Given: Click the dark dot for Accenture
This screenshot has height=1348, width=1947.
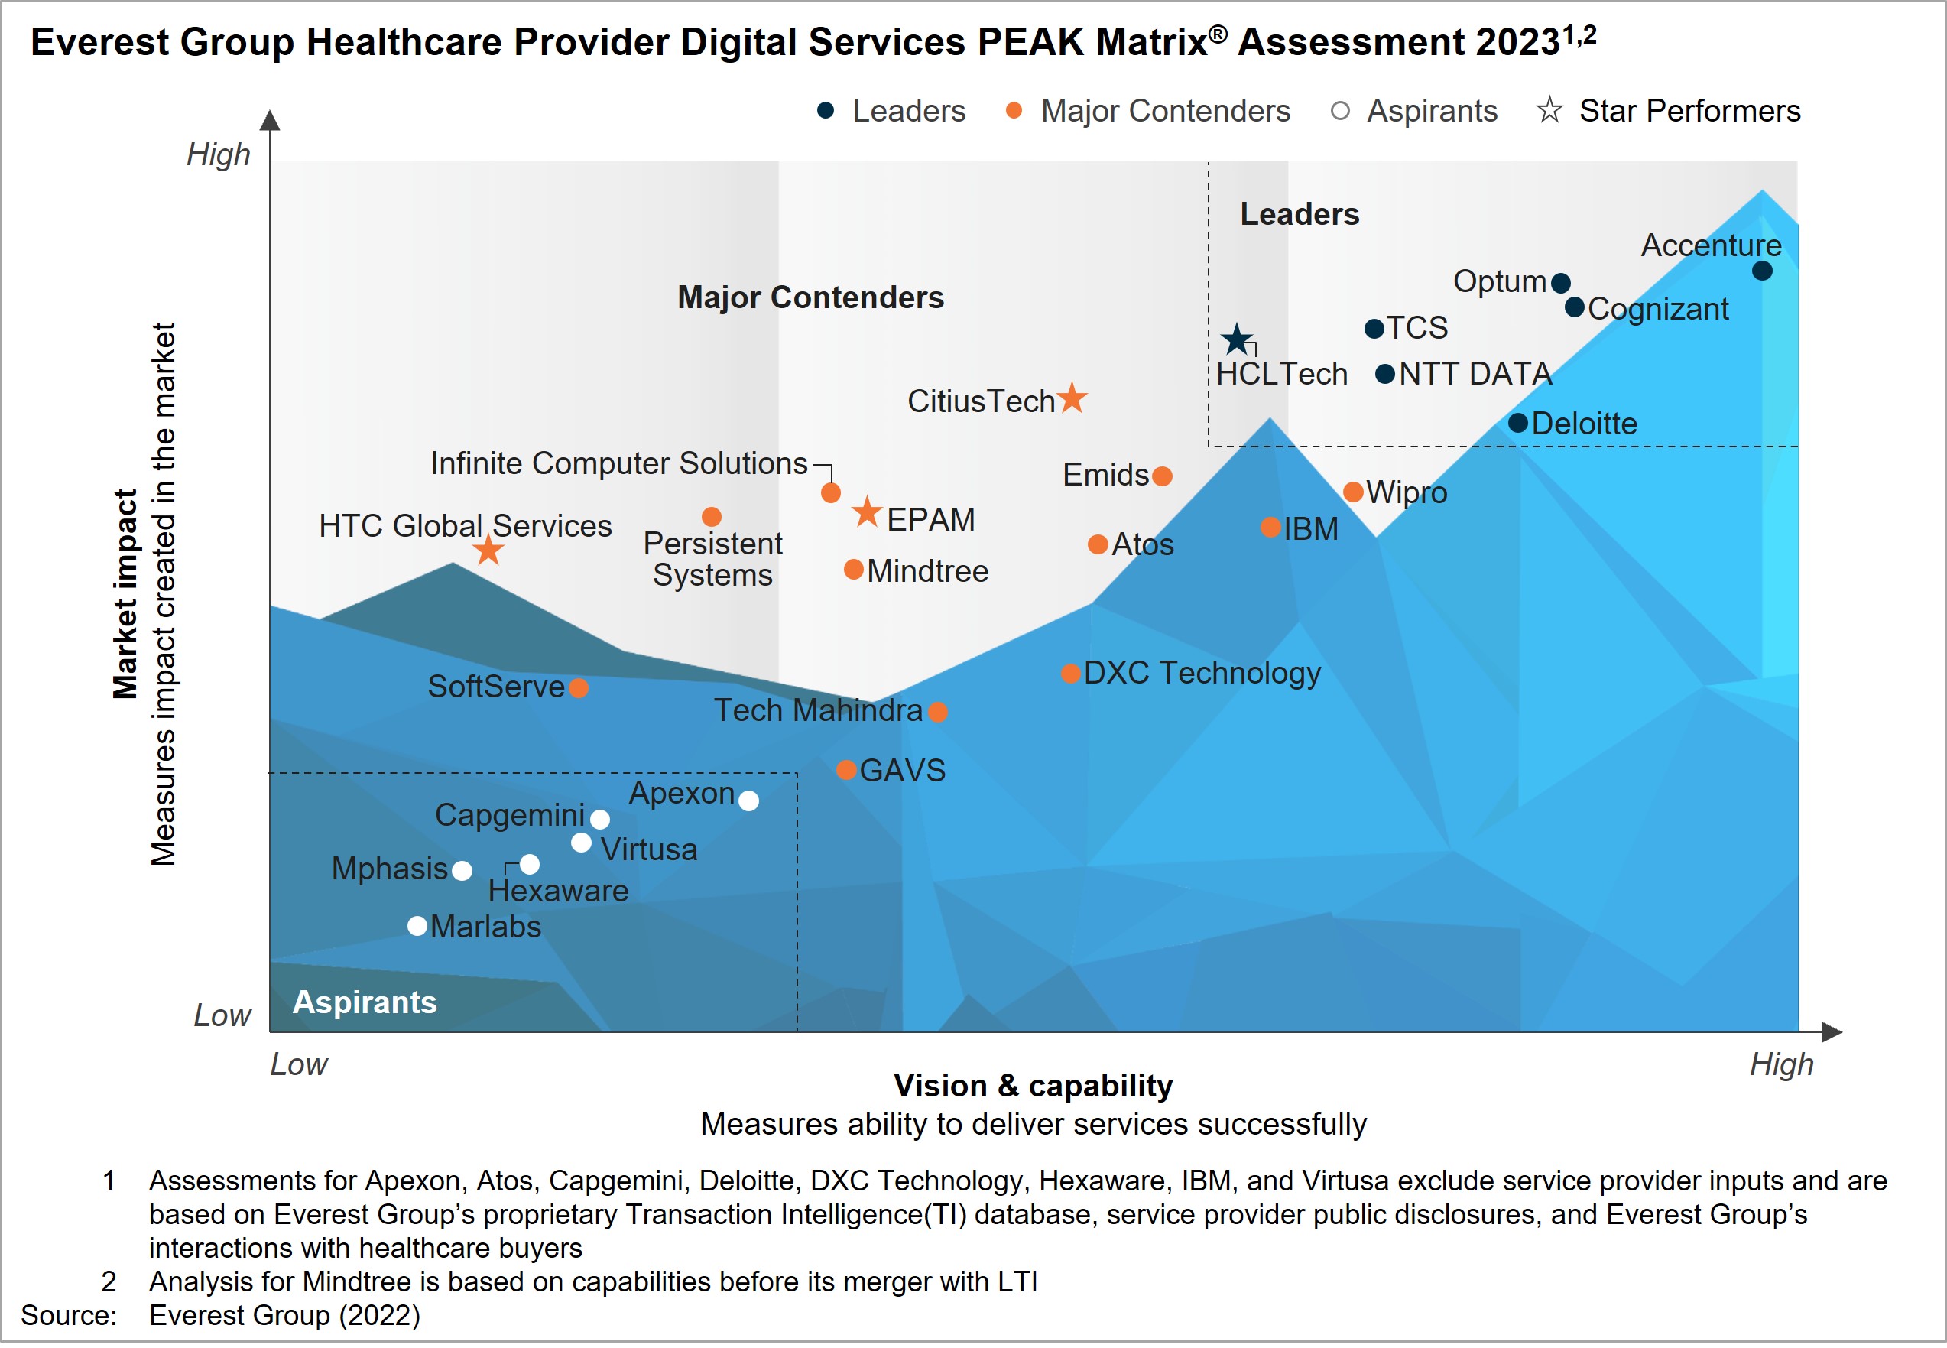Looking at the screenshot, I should click(1761, 271).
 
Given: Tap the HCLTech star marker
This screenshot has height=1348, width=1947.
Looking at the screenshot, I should click(1236, 339).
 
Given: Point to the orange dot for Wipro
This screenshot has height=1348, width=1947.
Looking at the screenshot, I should click(1352, 492).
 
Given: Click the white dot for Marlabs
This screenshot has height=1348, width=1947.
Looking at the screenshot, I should click(417, 926).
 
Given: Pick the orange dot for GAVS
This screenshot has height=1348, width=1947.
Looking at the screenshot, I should click(846, 769).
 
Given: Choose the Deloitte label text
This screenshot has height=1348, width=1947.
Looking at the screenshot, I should click(1584, 423).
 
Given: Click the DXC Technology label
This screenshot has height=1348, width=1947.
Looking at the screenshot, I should click(1202, 672).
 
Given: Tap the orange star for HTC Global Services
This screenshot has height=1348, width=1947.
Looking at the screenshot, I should click(488, 551).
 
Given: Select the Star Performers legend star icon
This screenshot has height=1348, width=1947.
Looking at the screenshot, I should click(1549, 110).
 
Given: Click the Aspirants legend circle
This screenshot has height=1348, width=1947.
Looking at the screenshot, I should click(1340, 111).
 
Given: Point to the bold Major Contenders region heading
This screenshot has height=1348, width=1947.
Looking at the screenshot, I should click(810, 297).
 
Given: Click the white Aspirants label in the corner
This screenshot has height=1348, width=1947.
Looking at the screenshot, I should click(365, 1002).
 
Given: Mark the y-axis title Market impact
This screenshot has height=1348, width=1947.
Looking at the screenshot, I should click(125, 594).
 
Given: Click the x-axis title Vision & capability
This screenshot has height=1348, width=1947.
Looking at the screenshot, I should click(1033, 1085).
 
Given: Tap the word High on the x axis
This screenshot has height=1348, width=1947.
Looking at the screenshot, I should click(1780, 1064).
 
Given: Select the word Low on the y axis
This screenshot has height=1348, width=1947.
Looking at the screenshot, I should click(222, 1015).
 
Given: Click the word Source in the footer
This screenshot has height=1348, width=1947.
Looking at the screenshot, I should click(67, 1315).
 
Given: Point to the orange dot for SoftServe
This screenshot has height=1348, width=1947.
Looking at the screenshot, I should click(579, 687).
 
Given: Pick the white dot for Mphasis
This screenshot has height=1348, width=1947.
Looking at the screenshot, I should click(462, 870).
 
